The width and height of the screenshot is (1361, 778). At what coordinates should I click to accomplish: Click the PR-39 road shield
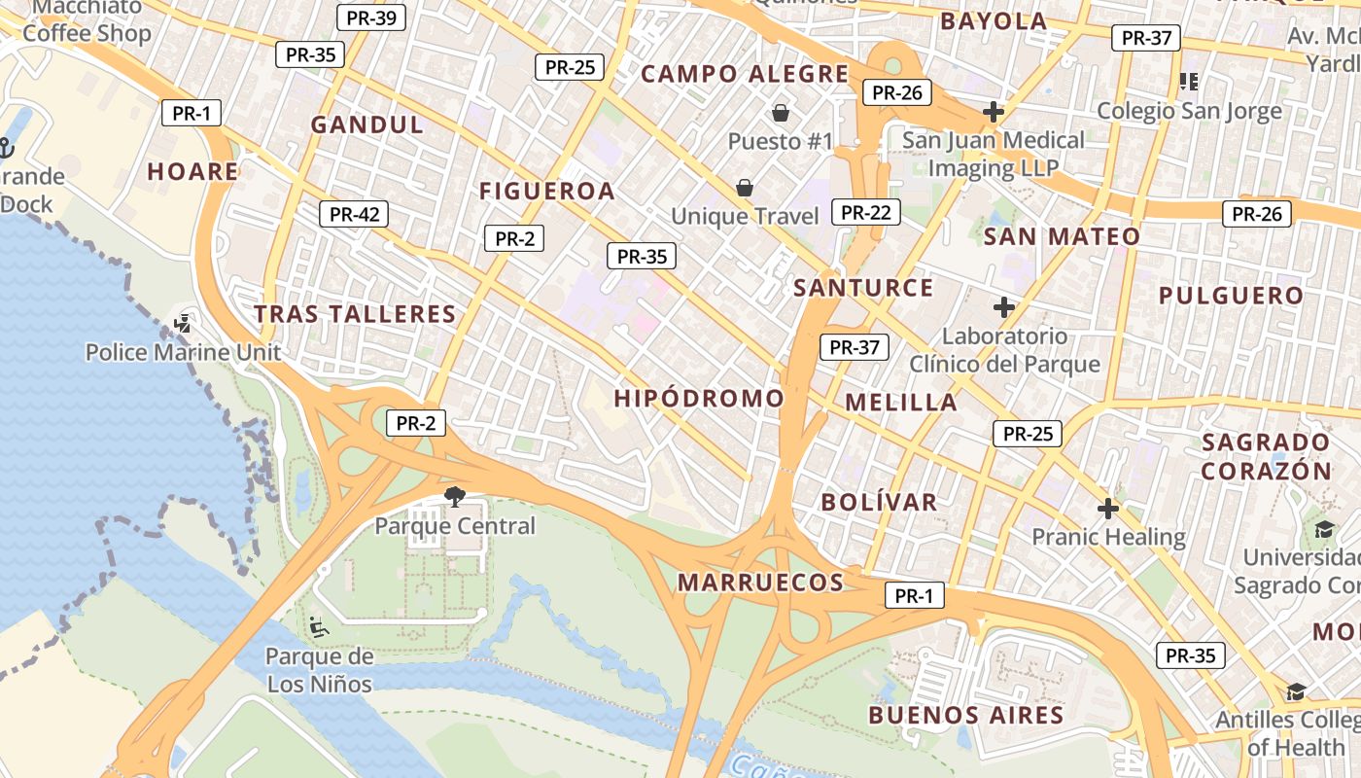click(370, 18)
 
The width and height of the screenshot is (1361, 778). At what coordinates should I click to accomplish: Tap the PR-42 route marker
click(354, 214)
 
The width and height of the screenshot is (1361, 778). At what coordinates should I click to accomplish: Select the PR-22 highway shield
click(865, 212)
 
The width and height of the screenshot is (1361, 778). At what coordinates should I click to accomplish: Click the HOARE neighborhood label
click(192, 172)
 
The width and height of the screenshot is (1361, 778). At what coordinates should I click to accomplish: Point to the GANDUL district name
click(367, 124)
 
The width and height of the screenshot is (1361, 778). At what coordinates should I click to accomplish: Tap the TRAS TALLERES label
click(355, 314)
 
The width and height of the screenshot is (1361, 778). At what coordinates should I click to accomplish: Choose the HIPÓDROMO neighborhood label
click(699, 398)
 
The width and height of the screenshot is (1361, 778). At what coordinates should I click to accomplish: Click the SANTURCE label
click(863, 288)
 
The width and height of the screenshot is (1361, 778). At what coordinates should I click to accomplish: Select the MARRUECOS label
click(760, 583)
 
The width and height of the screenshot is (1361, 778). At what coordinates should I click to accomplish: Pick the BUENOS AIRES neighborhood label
click(966, 716)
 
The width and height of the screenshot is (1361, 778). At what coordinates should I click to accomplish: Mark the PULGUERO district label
click(1231, 296)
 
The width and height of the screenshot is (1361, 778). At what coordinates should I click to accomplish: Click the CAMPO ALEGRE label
click(746, 74)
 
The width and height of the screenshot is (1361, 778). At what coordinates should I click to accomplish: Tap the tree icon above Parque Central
click(454, 497)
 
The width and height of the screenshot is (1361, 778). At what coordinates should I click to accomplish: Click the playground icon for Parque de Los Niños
click(318, 626)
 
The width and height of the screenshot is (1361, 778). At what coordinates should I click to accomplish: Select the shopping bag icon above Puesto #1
click(780, 113)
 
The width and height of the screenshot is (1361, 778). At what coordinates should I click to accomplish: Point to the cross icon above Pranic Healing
click(1108, 509)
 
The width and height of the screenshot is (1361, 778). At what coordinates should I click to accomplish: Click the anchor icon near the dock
click(6, 149)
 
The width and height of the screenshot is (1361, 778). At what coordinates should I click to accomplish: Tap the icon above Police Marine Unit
click(183, 323)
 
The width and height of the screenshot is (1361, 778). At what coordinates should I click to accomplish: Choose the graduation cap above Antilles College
click(1296, 691)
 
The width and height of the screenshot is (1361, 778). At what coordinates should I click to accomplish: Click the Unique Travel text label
click(746, 216)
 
